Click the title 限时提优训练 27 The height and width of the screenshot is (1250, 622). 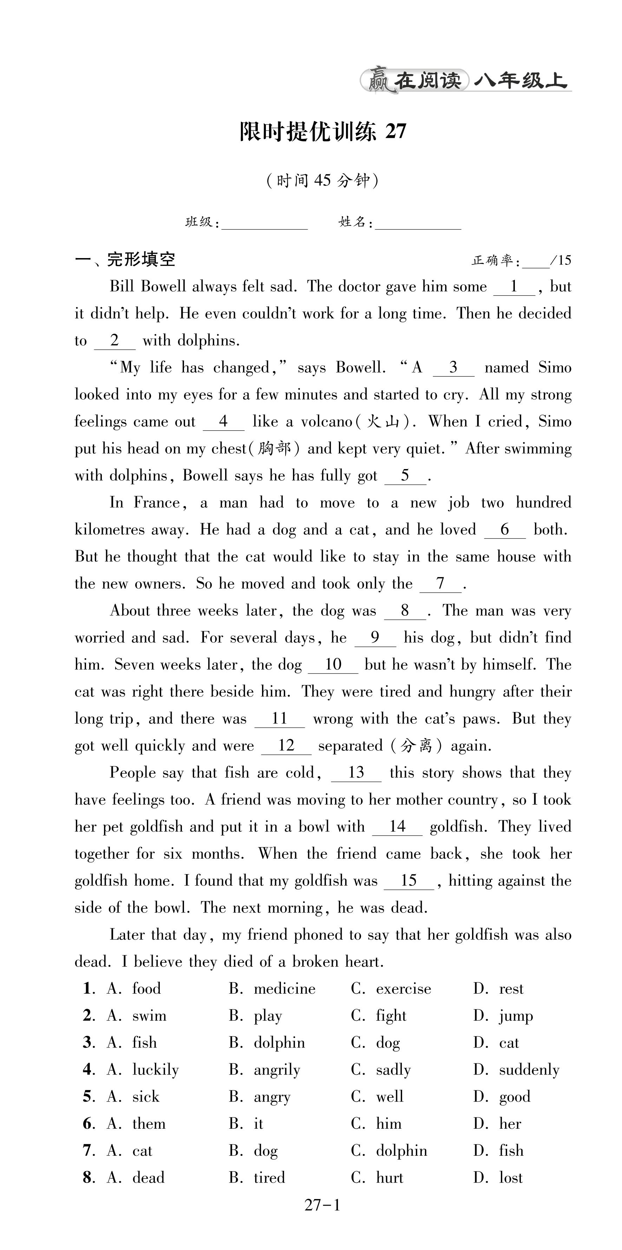(323, 132)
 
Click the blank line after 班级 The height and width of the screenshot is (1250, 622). (265, 224)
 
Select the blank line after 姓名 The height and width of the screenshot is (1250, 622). (418, 224)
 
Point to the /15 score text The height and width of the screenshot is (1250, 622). (561, 261)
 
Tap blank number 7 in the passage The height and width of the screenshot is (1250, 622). (440, 584)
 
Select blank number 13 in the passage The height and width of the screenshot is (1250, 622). (356, 773)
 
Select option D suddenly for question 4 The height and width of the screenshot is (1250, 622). (529, 1070)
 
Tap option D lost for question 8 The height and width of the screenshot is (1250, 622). (511, 1178)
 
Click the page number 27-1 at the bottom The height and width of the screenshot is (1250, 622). (322, 1205)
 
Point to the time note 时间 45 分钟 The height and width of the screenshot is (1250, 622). (322, 181)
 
